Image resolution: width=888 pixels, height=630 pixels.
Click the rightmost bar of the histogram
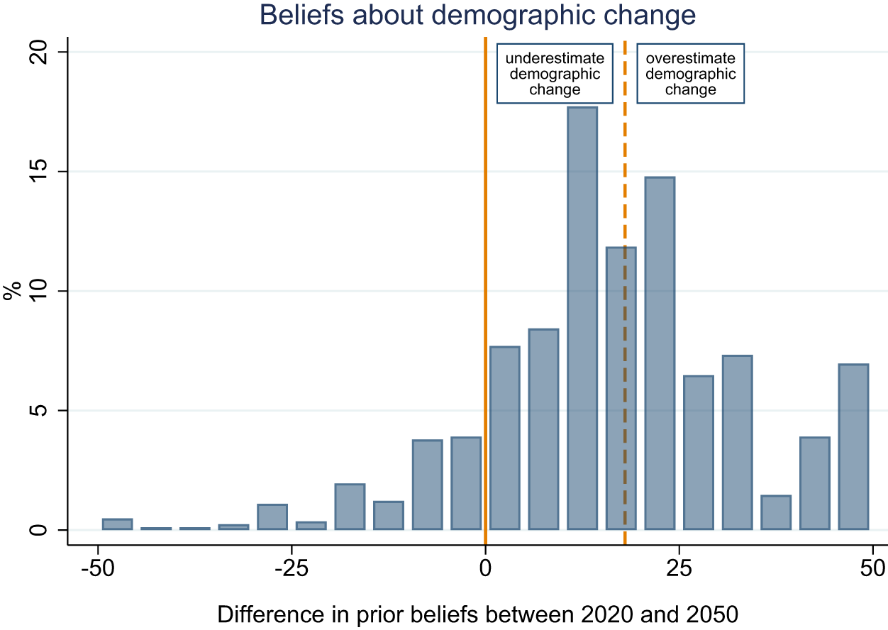pos(853,447)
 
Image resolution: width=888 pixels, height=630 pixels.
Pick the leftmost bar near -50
pos(117,524)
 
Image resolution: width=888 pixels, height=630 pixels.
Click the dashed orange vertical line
pos(625,177)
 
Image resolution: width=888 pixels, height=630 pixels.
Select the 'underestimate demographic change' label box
pos(555,74)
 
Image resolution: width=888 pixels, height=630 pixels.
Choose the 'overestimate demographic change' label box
pos(690,74)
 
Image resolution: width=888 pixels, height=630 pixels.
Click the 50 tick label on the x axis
pos(872,569)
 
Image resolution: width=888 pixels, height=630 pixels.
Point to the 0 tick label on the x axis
pos(485,569)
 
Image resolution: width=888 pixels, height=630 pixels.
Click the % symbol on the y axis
pos(12,292)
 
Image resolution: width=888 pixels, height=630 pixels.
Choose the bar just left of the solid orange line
pos(466,483)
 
